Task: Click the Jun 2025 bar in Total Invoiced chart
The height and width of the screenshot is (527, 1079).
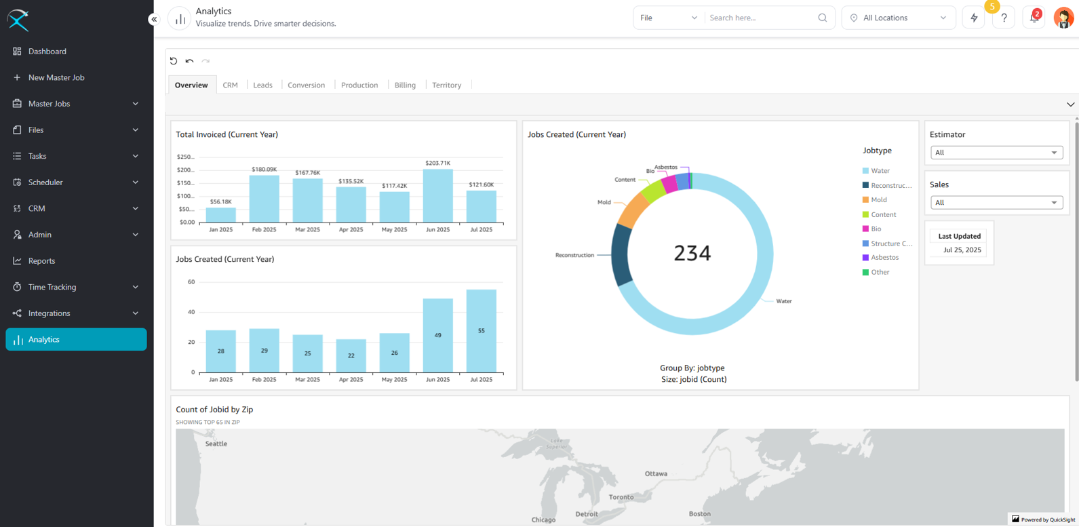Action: point(437,196)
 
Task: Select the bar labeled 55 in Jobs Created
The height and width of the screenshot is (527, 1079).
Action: point(481,331)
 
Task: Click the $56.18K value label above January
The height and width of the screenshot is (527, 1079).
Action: point(221,201)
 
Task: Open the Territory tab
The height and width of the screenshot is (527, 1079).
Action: point(446,85)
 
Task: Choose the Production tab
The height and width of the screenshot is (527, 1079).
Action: point(359,85)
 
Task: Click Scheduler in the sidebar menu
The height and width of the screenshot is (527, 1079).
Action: point(45,182)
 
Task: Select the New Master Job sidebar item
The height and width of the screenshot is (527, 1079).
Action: point(56,77)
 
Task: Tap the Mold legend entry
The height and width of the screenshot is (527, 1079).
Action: point(879,200)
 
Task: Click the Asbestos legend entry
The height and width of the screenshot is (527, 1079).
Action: point(884,258)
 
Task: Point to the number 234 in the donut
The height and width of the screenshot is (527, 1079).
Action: point(692,253)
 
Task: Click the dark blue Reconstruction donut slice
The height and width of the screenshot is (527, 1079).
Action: point(621,255)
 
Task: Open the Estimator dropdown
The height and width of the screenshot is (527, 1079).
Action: point(996,153)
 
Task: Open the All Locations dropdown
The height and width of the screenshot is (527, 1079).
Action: point(898,18)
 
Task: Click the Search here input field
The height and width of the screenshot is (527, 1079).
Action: point(760,18)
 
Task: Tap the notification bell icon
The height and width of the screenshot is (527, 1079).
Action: point(1034,18)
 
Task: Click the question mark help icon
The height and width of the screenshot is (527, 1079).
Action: point(1004,18)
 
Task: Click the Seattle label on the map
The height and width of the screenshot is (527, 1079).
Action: point(216,444)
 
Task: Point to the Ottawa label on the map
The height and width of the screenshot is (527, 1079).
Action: point(656,473)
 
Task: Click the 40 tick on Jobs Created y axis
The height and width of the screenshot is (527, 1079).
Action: point(191,312)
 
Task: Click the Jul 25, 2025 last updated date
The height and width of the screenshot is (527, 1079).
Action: point(962,250)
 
